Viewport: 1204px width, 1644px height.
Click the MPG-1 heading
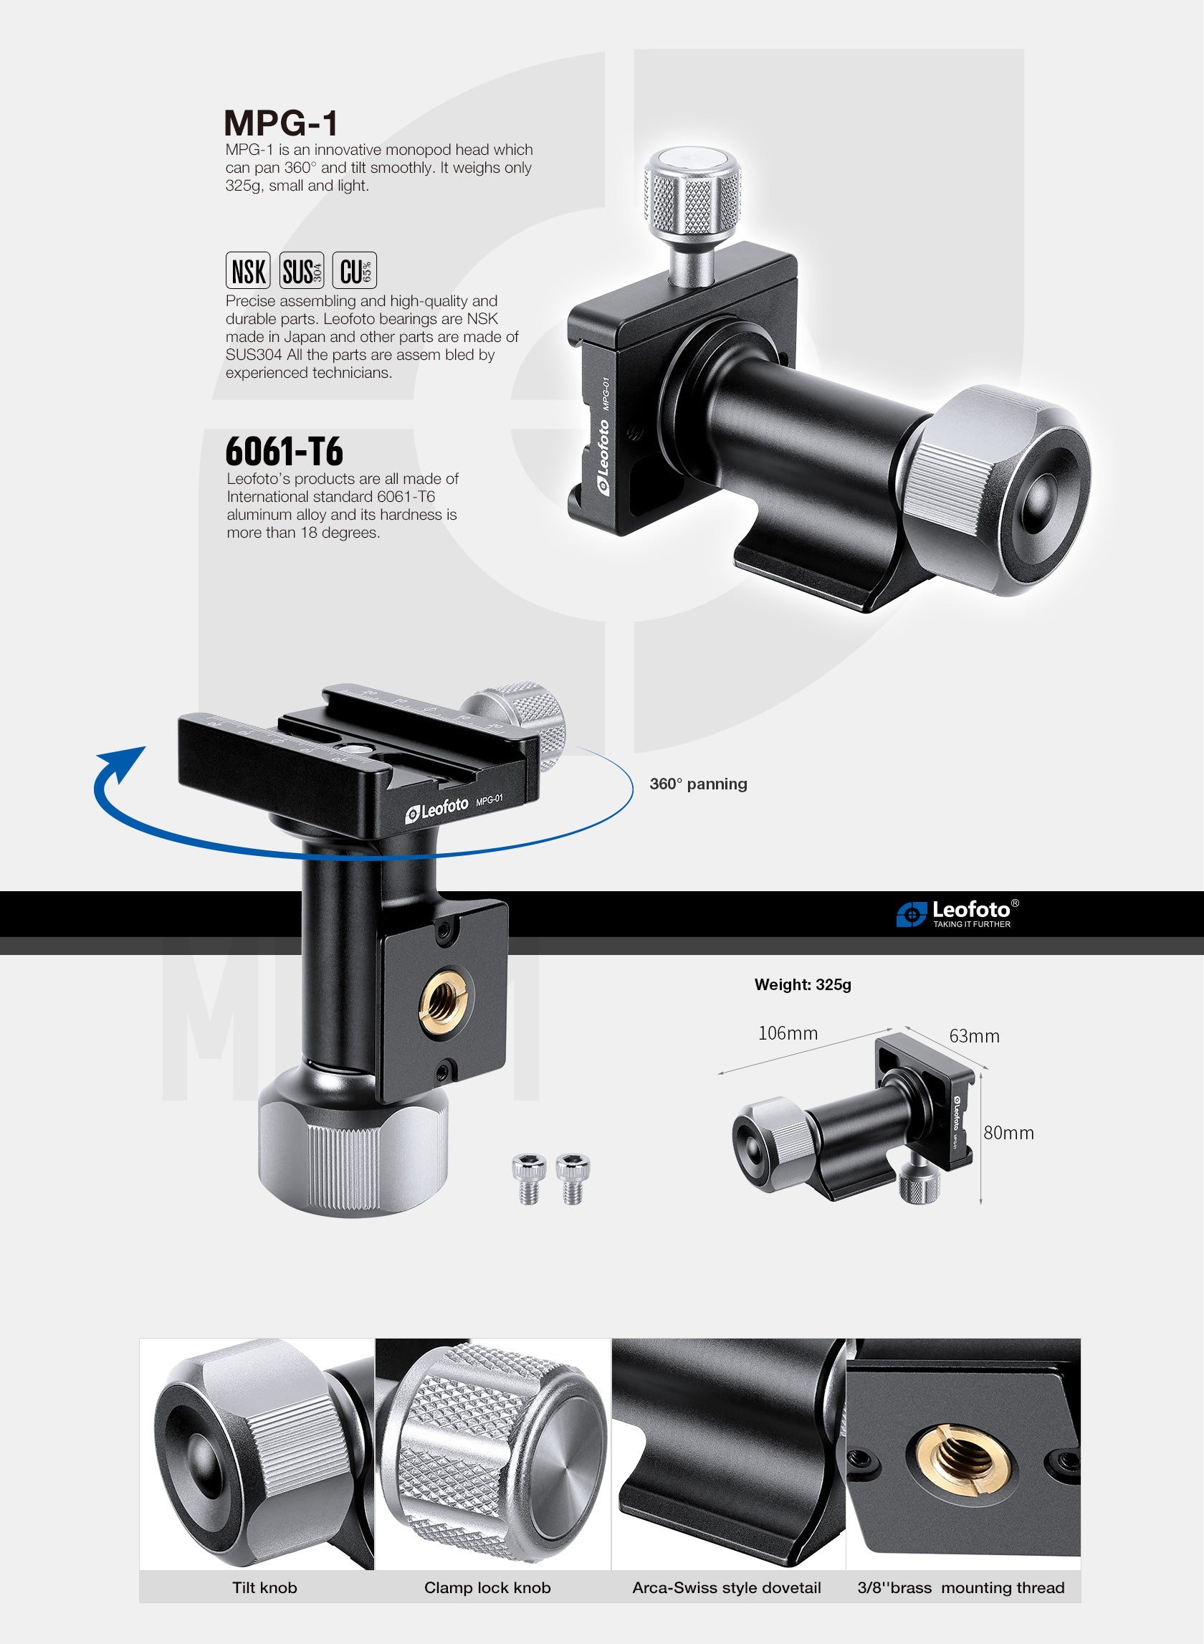(282, 123)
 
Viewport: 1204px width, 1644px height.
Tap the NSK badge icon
(248, 270)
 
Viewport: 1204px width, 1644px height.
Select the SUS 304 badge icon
(301, 270)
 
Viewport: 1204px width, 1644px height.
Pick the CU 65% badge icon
(355, 270)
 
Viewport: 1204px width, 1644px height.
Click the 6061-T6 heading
(285, 451)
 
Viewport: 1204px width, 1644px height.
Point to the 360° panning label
(698, 784)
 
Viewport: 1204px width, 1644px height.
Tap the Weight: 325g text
(803, 985)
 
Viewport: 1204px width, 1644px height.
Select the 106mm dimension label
(788, 1033)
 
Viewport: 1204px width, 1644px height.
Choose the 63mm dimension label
(974, 1036)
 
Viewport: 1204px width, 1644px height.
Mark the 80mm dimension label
(1008, 1133)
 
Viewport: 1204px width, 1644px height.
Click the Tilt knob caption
(264, 1588)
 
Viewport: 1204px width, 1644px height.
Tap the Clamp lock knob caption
(487, 1588)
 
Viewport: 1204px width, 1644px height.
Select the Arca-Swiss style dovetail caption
(727, 1588)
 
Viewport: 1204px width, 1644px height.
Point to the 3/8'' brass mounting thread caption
(960, 1588)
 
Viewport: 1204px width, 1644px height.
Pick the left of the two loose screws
(528, 1178)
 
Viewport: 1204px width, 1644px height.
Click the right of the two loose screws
(572, 1178)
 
